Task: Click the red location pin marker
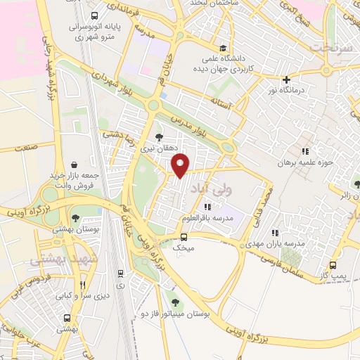click(181, 165)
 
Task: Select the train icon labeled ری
click(121, 274)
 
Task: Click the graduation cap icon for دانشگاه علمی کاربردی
click(223, 49)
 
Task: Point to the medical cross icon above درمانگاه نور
click(286, 79)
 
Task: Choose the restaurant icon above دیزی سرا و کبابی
click(82, 285)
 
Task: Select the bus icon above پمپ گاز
click(333, 266)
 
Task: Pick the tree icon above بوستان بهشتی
click(76, 218)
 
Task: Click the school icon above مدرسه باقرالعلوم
click(207, 207)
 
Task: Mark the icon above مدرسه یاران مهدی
click(275, 232)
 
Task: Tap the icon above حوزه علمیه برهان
click(304, 151)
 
